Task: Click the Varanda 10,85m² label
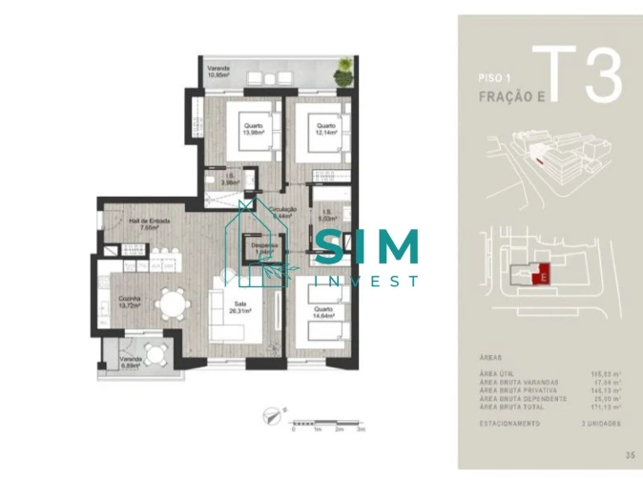tap(223, 72)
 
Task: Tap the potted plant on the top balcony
tap(342, 69)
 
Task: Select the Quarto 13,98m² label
tap(252, 128)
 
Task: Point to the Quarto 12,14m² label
tap(326, 128)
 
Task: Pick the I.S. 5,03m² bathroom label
tap(326, 215)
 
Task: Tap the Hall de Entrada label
tap(149, 225)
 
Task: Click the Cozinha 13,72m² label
tap(131, 303)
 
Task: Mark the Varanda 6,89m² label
tap(131, 361)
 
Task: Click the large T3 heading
tap(578, 75)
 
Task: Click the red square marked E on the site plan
tap(542, 274)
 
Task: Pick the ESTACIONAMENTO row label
tap(514, 422)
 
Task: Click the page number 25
tap(629, 454)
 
